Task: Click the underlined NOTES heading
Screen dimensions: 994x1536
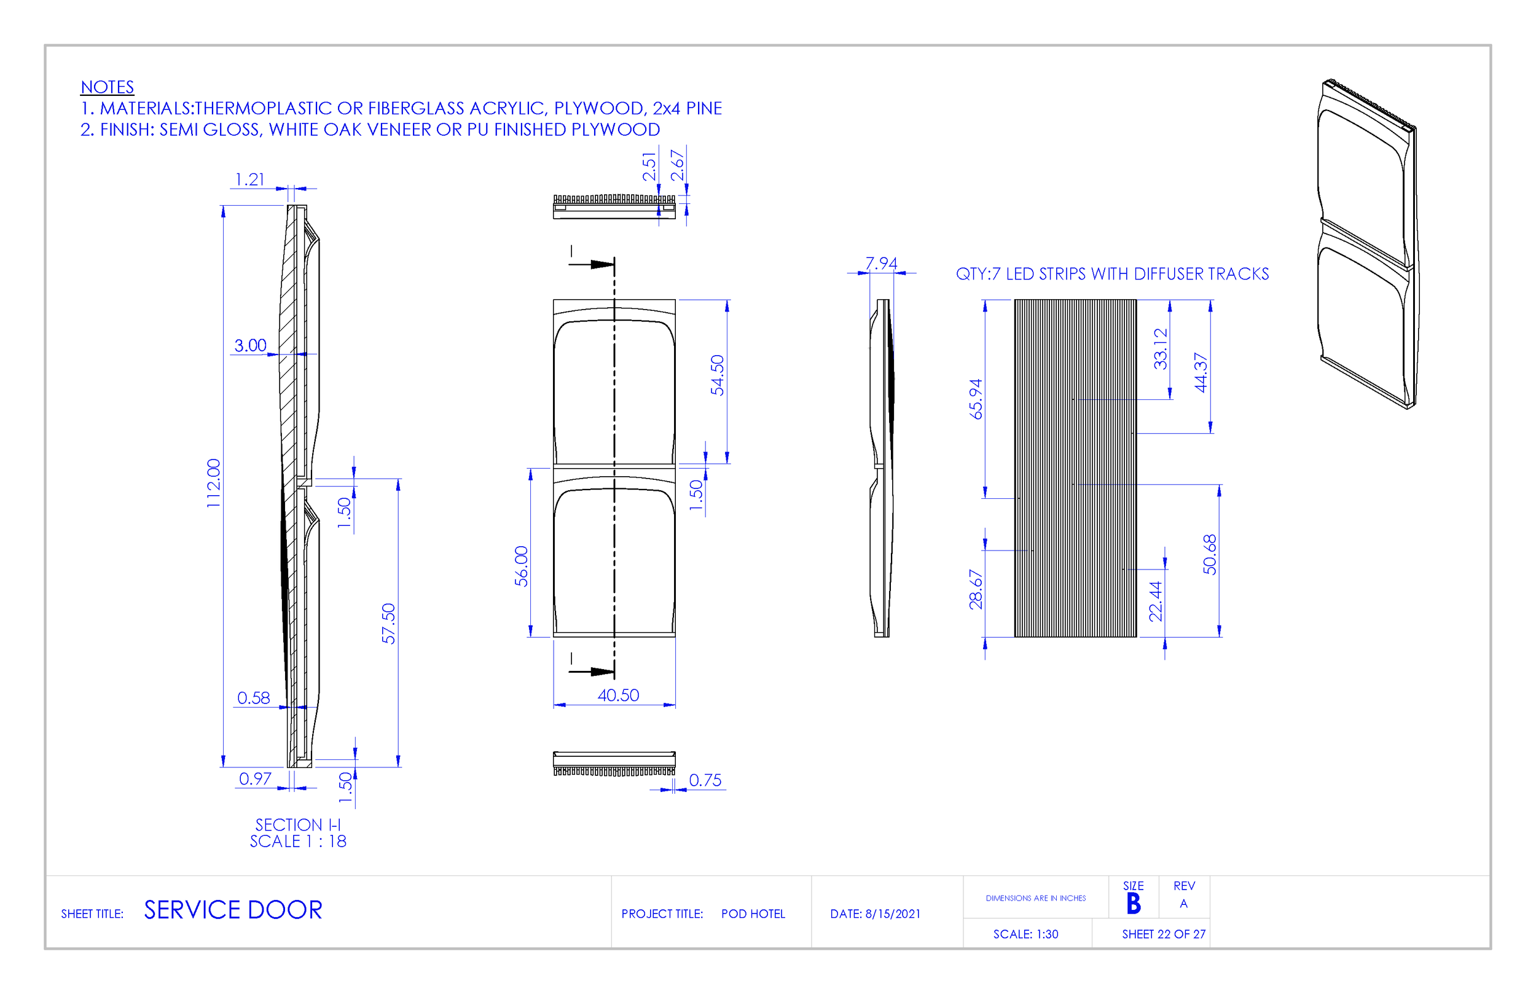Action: (107, 87)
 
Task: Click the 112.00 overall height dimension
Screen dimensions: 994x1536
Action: (214, 483)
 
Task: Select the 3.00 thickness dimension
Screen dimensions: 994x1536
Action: (251, 345)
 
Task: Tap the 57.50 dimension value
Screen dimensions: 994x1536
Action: (388, 623)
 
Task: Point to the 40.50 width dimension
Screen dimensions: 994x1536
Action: (617, 695)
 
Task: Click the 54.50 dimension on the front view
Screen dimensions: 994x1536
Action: (717, 375)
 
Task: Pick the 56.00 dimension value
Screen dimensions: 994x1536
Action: (522, 566)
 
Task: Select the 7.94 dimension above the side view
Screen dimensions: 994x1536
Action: (881, 264)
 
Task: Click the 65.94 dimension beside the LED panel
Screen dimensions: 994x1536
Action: (976, 399)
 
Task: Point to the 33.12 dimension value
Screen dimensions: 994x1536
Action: (1161, 349)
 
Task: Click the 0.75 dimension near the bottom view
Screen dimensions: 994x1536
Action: (705, 780)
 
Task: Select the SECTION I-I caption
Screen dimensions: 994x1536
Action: (297, 825)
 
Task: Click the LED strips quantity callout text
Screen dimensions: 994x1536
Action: (1112, 275)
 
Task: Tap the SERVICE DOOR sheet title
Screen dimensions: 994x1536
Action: (233, 910)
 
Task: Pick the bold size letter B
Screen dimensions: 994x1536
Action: (1134, 904)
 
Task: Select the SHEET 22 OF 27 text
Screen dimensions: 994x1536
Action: (1164, 934)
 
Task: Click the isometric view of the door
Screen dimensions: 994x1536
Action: (1367, 245)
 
